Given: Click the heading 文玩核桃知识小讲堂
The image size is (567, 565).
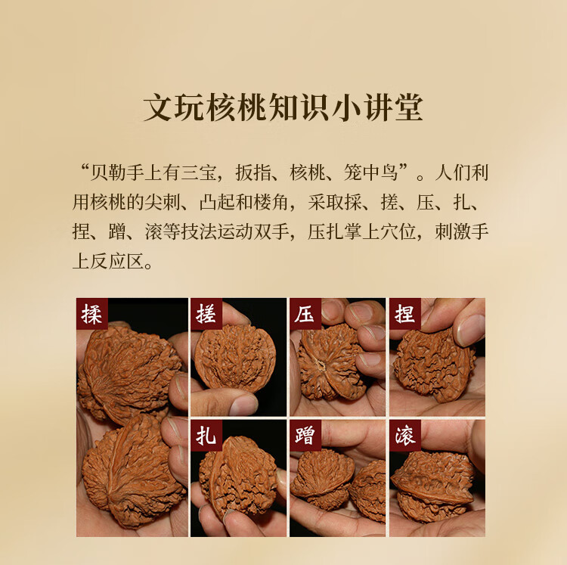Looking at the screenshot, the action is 283,107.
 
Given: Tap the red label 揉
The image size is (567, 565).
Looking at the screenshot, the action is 91,314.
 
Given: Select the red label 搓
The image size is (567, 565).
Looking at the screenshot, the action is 206,314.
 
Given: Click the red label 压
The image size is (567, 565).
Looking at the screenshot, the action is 305,314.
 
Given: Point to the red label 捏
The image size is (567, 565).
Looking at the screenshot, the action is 405,314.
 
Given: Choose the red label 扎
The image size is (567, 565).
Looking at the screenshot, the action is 206,435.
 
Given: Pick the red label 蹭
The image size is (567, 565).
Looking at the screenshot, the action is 305,435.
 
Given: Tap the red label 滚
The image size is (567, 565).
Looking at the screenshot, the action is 405,435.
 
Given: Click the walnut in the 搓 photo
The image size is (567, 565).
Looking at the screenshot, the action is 235,358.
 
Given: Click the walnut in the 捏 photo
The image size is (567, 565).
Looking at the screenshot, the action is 434,365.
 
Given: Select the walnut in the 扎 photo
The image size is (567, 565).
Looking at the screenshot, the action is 238,477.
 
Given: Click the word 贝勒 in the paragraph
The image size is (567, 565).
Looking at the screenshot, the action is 108,172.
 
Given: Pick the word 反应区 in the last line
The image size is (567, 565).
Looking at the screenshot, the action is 117,261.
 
